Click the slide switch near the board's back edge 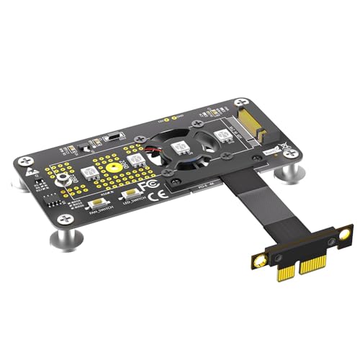pyautogui.click(x=113, y=136)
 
